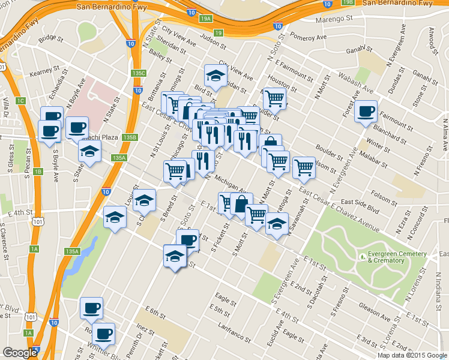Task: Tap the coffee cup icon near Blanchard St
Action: point(366,111)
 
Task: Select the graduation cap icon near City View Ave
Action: point(215,76)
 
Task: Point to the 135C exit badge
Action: point(139,73)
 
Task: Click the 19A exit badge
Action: point(206,19)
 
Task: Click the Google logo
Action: point(20,353)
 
